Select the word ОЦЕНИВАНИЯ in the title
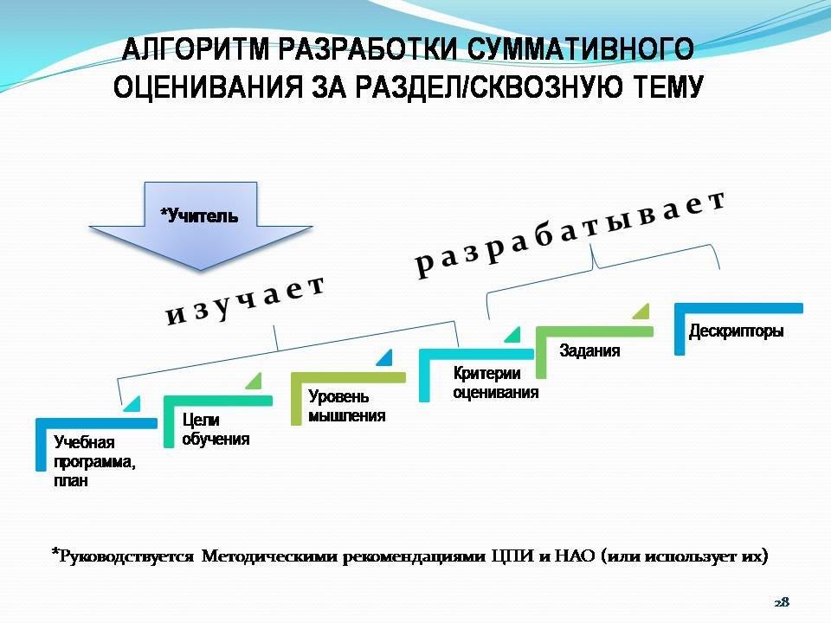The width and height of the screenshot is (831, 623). click(204, 88)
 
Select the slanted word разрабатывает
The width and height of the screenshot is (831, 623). click(570, 233)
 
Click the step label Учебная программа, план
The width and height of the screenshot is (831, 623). click(94, 461)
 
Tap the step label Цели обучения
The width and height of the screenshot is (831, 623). click(216, 429)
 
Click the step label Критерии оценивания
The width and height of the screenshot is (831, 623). click(495, 382)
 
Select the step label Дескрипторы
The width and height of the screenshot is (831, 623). click(736, 331)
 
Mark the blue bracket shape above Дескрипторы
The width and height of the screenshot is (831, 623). click(738, 309)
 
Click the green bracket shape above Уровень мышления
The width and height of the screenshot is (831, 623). click(347, 378)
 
